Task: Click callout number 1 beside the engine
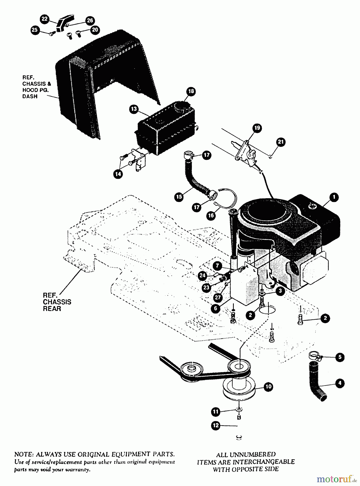[334, 197]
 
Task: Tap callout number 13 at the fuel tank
[134, 109]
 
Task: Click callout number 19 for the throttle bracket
[257, 128]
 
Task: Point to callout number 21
[281, 142]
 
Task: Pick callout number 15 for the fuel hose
[179, 197]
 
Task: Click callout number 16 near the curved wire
[211, 215]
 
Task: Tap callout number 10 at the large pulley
[268, 387]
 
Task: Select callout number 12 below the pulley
[216, 426]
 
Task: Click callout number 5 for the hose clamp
[340, 357]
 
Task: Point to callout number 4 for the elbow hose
[340, 383]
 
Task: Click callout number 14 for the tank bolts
[118, 174]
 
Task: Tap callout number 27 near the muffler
[218, 298]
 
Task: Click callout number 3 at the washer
[280, 291]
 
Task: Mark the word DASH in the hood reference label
[30, 96]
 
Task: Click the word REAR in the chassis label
[52, 309]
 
